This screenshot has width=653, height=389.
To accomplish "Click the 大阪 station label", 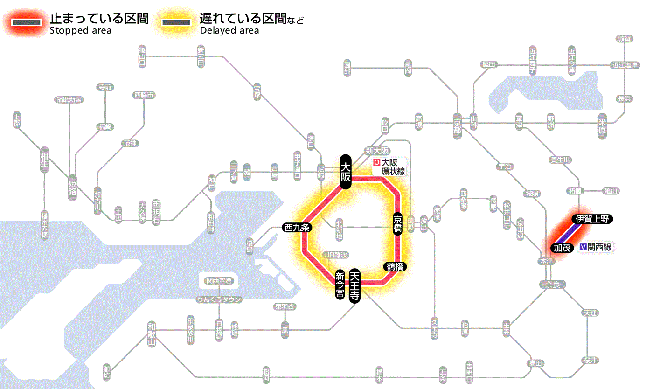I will (345, 172).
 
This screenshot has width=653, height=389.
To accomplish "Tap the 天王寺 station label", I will (355, 286).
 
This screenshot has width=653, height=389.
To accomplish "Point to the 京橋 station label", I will (397, 224).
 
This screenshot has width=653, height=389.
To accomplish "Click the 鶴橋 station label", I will (395, 267).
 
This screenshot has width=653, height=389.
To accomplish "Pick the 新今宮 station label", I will (340, 285).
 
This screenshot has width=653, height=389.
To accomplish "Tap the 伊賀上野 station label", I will (592, 219).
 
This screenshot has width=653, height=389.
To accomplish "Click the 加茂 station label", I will (563, 248).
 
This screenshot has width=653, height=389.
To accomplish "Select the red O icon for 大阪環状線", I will (376, 163).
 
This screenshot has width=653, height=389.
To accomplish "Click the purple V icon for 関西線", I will (583, 247).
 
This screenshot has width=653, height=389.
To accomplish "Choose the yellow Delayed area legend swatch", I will (177, 22).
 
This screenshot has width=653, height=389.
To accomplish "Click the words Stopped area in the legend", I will (80, 31).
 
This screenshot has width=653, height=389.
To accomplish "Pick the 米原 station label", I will (604, 126).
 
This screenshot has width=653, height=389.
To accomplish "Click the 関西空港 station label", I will (219, 281).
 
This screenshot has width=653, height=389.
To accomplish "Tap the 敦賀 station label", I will (625, 39).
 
